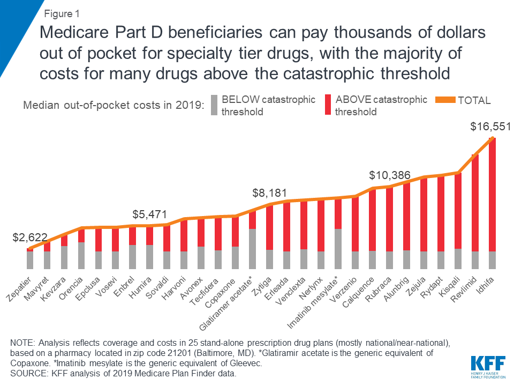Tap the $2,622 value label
click(x=31, y=237)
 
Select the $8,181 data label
click(x=271, y=192)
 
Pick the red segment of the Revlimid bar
click(x=475, y=204)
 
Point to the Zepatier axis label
click(x=22, y=286)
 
